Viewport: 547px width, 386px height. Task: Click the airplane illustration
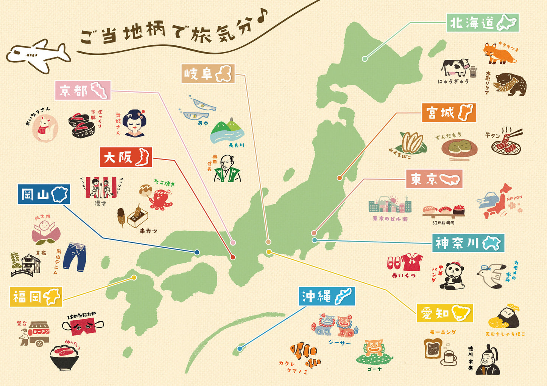[38, 56]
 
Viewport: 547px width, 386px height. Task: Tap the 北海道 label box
[482, 23]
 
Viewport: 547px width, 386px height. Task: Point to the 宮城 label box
[449, 113]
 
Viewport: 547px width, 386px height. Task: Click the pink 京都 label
[83, 91]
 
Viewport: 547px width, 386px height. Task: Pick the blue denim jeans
[75, 257]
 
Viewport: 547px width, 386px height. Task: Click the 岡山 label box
[44, 195]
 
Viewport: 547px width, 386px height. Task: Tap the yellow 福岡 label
[36, 297]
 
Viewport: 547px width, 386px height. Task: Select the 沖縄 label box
[326, 296]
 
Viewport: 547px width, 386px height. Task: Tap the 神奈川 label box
[468, 243]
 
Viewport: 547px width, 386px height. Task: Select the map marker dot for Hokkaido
[365, 59]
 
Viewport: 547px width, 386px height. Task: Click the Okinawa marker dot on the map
[240, 349]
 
